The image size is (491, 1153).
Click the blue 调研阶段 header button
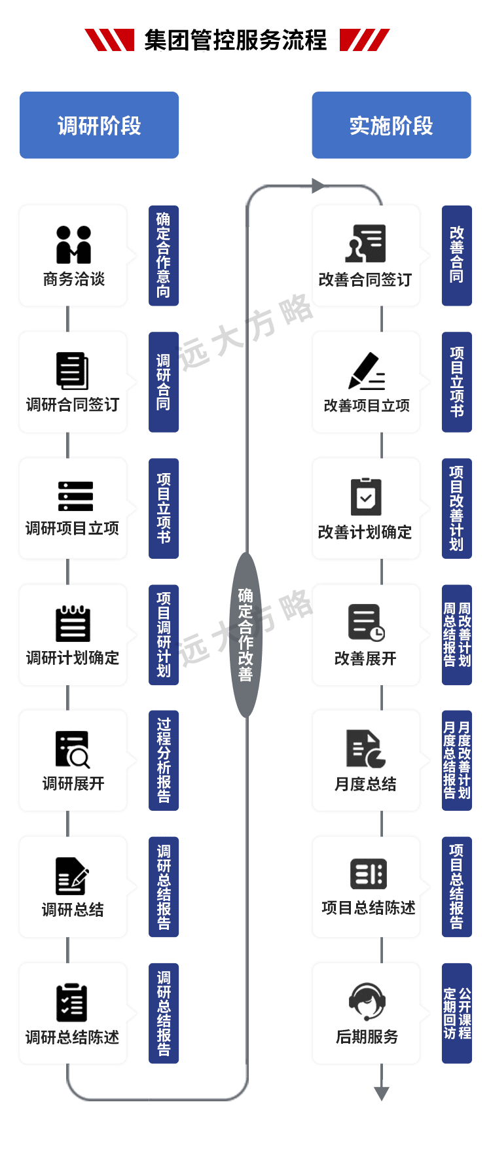click(x=99, y=126)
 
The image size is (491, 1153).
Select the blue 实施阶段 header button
click(x=391, y=126)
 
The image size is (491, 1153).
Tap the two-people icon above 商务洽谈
click(x=73, y=244)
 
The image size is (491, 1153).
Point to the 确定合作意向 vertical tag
click(x=163, y=255)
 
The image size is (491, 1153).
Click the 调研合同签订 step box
click(x=73, y=382)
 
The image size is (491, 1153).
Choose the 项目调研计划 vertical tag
click(x=163, y=634)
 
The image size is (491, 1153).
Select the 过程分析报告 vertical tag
click(x=163, y=760)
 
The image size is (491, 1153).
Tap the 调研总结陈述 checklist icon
click(x=72, y=1002)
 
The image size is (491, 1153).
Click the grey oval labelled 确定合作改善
click(x=245, y=634)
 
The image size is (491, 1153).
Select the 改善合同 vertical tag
click(x=456, y=255)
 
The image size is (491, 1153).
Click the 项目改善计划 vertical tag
click(x=456, y=508)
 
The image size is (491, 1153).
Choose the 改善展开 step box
click(x=365, y=634)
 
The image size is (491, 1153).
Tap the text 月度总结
click(x=365, y=783)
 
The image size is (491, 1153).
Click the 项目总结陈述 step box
click(x=365, y=887)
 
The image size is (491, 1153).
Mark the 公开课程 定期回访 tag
click(x=456, y=1013)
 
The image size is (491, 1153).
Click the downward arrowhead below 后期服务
click(x=381, y=1093)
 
